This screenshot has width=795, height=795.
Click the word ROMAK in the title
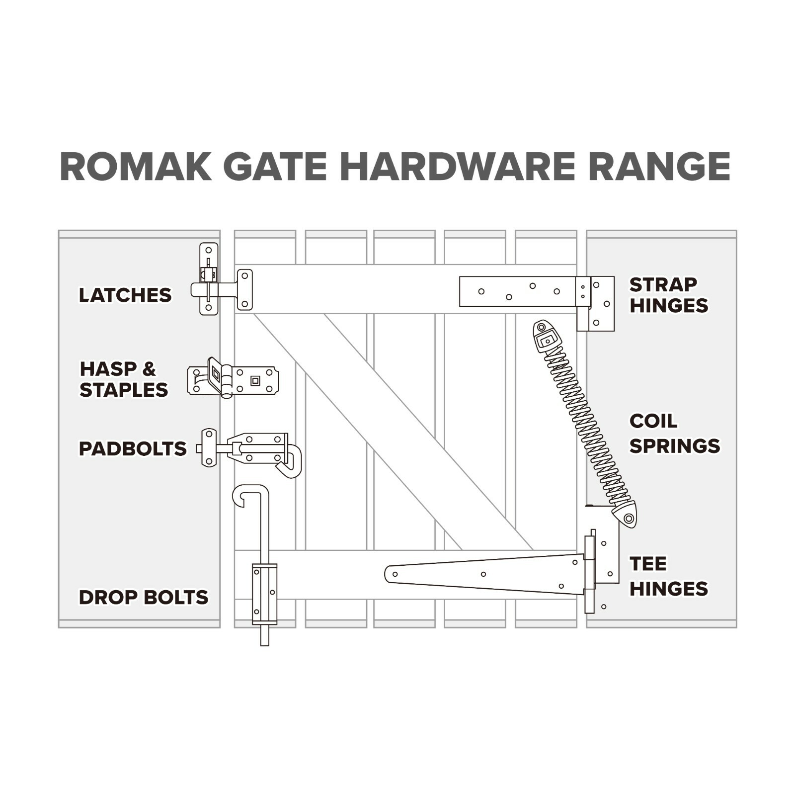click(136, 167)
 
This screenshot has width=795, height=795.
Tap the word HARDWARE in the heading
click(457, 167)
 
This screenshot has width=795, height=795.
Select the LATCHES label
click(125, 295)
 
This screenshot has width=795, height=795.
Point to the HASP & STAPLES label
click(124, 379)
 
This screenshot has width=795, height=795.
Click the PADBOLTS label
click(133, 448)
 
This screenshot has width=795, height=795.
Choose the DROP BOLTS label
click(144, 597)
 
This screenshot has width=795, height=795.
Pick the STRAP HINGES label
click(669, 295)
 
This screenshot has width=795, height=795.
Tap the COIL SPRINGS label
click(675, 434)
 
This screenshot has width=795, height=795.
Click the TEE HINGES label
click(669, 576)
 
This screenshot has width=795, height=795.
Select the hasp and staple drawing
click(233, 378)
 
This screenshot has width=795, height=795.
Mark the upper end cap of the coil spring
click(546, 336)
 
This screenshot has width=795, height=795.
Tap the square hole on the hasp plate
click(255, 381)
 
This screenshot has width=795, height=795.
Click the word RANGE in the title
click(659, 167)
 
